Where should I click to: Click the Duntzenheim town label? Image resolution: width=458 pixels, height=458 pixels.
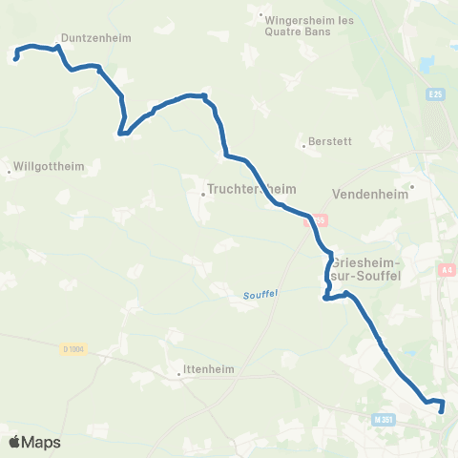95,39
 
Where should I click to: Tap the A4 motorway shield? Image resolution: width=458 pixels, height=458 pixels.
448,271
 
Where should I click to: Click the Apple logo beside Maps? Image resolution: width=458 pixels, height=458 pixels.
14,442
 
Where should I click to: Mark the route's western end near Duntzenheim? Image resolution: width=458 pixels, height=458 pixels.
16,60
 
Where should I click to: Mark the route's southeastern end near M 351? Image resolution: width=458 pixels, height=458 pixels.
442,411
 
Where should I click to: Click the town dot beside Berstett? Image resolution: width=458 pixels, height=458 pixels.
303,146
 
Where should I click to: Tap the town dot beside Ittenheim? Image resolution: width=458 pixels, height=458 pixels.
179,376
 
